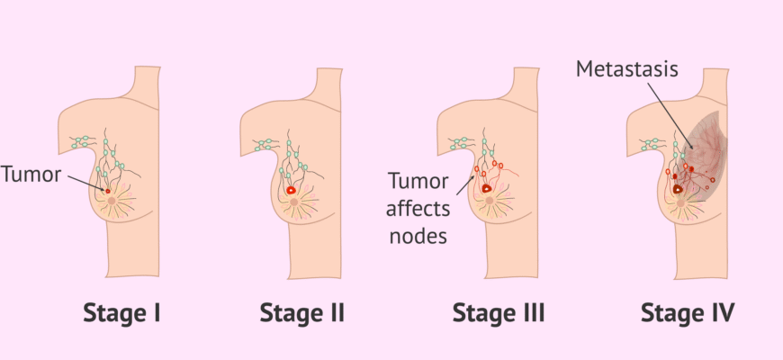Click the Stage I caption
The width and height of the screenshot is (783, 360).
[x=121, y=313]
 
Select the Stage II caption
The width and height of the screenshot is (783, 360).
[x=302, y=313]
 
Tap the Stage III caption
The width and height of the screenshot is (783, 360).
[x=499, y=313]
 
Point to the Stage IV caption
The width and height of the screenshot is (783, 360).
[x=688, y=313]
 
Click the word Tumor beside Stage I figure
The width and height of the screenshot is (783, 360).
[x=31, y=174]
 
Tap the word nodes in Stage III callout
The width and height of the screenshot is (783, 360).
[x=416, y=236]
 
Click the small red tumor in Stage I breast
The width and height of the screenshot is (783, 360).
[x=108, y=191]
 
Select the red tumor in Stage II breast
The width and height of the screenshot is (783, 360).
[x=292, y=191]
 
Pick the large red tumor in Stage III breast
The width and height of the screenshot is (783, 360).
[x=487, y=189]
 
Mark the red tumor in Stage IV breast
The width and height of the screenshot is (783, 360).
[x=678, y=189]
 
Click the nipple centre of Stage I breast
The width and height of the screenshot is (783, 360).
[x=113, y=204]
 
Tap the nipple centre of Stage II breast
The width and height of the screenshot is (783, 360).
[x=294, y=204]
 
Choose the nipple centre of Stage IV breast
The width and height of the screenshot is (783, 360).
[x=681, y=204]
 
